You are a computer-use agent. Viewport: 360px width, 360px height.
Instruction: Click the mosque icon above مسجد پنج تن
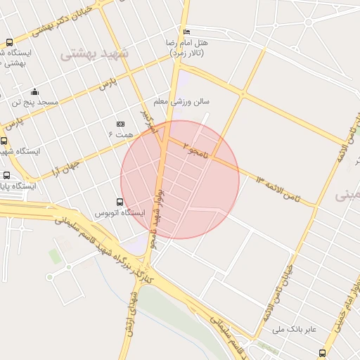pos(34,91)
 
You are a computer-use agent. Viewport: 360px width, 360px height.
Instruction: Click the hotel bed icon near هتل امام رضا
pos(186,32)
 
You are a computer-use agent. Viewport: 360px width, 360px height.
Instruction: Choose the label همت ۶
pos(120,133)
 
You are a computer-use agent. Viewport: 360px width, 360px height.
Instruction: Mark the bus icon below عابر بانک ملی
pos(322,352)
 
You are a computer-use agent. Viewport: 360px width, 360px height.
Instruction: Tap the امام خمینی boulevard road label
pos(344,309)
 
